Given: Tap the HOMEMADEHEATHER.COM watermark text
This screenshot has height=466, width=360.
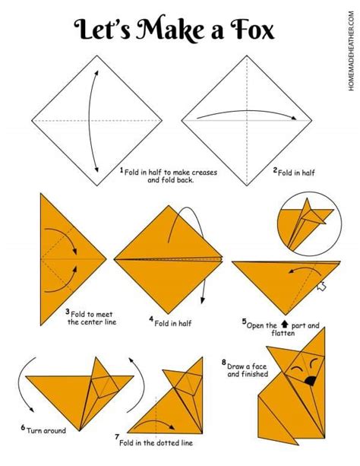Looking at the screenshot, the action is tap(352, 51).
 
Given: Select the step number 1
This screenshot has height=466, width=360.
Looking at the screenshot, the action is tap(122, 170).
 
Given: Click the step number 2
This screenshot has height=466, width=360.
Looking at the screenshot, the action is tap(275, 170).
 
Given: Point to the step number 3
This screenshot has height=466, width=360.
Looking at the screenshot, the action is tap(68, 312).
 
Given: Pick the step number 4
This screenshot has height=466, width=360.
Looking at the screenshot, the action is tap(151, 319).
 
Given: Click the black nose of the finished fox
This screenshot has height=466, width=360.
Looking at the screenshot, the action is tap(311, 381).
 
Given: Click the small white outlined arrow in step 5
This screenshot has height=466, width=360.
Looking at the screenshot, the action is tap(321, 287).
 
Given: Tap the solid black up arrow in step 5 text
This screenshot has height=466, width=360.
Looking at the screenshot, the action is tap(285, 324).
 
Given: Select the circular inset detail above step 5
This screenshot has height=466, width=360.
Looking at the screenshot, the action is tap(309, 224).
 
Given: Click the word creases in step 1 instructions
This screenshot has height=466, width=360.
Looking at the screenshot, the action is tap(204, 173).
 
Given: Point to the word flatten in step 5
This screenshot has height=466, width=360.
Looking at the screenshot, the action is tap(283, 333).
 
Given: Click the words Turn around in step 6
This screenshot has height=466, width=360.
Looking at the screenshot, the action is tap(46, 430).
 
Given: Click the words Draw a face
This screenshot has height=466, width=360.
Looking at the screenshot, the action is tap(247, 366).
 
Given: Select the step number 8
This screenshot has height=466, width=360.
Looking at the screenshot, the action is tap(223, 363).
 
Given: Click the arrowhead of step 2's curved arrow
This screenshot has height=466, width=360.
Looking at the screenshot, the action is tap(293, 118).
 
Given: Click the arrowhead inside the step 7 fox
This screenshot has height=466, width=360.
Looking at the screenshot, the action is tap(172, 427).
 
